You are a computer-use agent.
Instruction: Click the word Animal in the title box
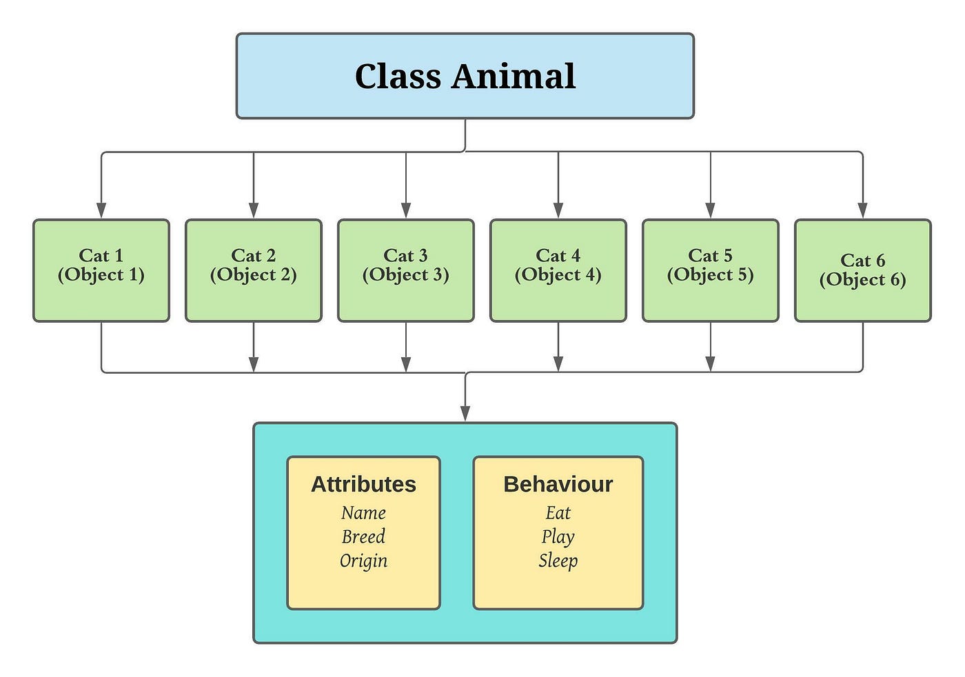click(x=514, y=76)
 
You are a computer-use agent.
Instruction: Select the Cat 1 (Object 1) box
click(x=101, y=270)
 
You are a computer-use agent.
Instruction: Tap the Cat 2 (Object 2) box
click(x=254, y=270)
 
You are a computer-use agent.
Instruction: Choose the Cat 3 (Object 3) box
click(x=406, y=270)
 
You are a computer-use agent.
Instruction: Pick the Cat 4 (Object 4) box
click(x=558, y=270)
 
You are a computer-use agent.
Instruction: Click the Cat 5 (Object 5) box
click(x=711, y=270)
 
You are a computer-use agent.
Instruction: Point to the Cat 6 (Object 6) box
click(x=863, y=270)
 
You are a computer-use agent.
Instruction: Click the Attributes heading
click(x=363, y=484)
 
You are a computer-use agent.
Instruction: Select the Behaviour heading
click(x=558, y=484)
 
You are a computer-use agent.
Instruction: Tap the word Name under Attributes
click(x=363, y=513)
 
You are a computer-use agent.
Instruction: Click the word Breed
click(x=363, y=536)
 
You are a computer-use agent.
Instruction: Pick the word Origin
click(x=363, y=560)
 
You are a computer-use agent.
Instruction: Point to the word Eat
click(x=558, y=513)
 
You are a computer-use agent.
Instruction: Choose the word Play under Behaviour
click(x=558, y=536)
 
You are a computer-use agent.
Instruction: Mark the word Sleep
click(x=558, y=560)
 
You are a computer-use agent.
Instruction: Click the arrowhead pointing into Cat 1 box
click(x=101, y=210)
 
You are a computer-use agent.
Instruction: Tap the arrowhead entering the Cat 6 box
click(x=863, y=210)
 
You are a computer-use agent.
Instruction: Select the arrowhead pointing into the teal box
click(x=465, y=413)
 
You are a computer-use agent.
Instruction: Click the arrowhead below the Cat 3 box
click(x=406, y=363)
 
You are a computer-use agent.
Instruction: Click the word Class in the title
click(x=398, y=76)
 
